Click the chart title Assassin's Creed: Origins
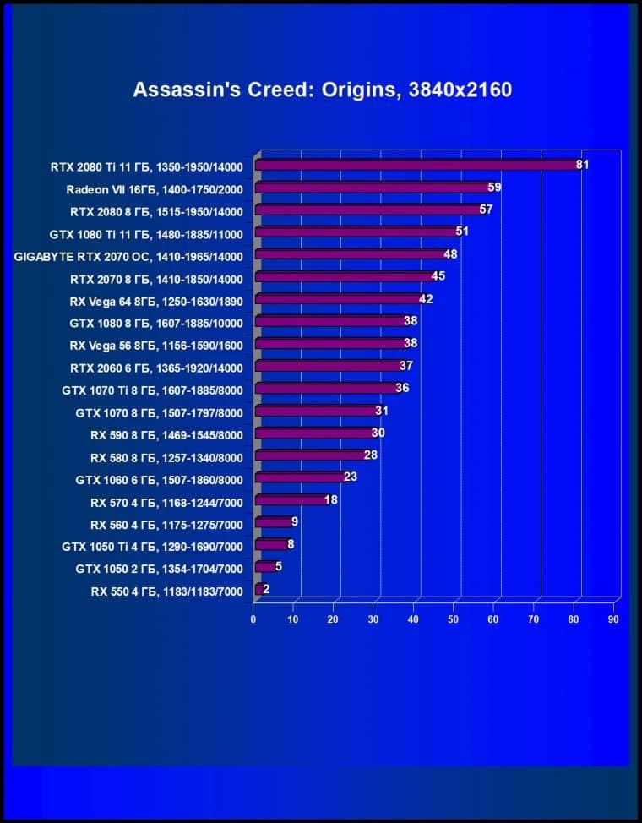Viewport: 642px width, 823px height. click(322, 90)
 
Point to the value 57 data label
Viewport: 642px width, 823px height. click(486, 210)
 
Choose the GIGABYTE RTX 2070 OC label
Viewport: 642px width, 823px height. click(128, 256)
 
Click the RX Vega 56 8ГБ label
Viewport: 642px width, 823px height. click(156, 345)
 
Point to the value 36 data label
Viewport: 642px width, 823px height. click(402, 388)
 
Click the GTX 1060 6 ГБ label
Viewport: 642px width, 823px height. click(159, 479)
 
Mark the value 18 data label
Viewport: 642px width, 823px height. click(331, 500)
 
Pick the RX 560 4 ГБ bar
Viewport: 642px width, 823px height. click(272, 522)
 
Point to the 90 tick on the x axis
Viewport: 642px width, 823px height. click(613, 619)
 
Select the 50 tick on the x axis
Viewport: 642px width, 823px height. click(454, 619)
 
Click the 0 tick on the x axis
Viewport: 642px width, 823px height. click(253, 619)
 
